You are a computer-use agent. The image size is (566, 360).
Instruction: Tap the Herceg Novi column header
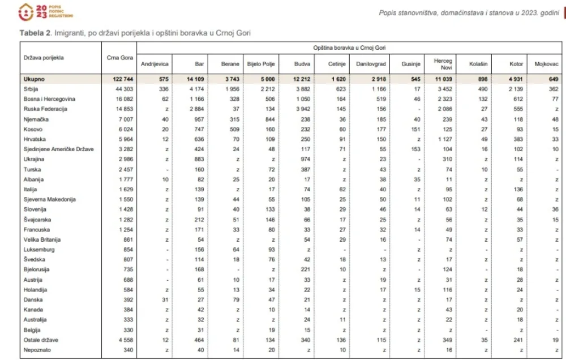click(443, 64)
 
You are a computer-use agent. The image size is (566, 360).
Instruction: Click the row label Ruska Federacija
click(45, 109)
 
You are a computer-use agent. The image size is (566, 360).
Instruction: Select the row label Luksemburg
click(40, 250)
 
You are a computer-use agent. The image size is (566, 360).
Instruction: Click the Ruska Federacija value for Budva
click(303, 109)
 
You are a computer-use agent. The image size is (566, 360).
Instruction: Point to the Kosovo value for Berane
click(232, 129)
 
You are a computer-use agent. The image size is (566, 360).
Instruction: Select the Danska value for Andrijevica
click(165, 299)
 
